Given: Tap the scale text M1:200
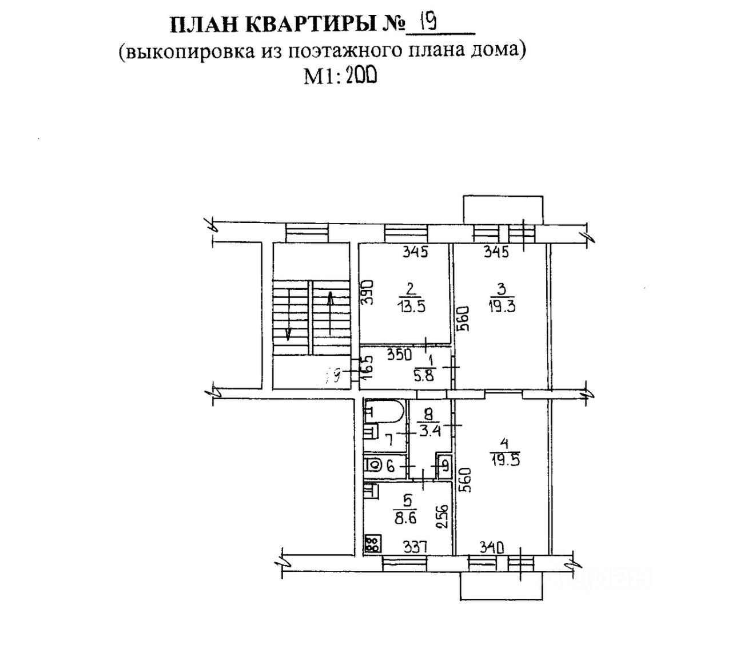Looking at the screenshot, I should click(340, 75).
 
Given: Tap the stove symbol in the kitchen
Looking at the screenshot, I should click(372, 543).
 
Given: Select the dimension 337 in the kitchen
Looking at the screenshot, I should click(416, 547).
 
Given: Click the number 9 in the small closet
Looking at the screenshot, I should click(443, 466).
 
